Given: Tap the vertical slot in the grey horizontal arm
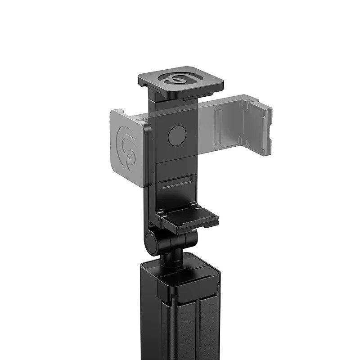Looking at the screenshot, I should click(x=218, y=128).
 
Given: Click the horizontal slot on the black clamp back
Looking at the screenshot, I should click(x=176, y=184).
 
